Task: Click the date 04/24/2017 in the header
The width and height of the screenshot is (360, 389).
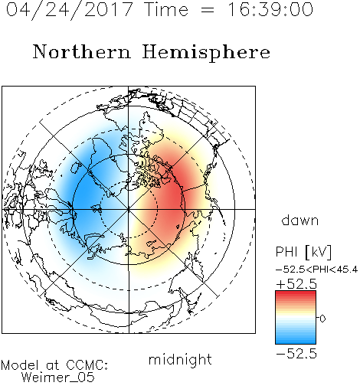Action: point(70,9)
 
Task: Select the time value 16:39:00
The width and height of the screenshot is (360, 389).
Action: point(270,9)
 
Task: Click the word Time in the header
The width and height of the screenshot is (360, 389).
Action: point(166,9)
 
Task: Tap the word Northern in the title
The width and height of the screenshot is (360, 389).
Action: point(82,51)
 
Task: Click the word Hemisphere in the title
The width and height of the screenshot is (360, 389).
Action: point(206,53)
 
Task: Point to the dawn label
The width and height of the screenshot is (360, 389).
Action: point(300,220)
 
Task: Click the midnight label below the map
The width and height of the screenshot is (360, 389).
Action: point(180,359)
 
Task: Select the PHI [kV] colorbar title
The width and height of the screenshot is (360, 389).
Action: point(303,252)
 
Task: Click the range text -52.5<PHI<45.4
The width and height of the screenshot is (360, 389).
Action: point(317,270)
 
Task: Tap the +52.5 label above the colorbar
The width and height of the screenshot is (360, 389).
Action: point(296,284)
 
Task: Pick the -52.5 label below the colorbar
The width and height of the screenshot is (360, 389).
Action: point(296,354)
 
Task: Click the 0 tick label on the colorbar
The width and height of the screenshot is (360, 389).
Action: point(322,319)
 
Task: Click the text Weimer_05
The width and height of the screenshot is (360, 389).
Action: point(58,378)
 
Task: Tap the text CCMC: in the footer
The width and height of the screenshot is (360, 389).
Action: point(87,365)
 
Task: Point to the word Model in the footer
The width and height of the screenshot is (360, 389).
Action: point(20,365)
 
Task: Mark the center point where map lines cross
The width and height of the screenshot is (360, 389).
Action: point(129,209)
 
